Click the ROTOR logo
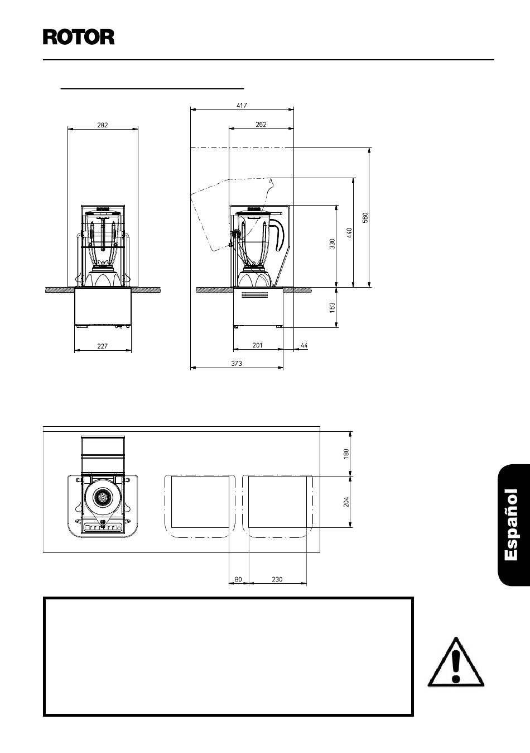[x=79, y=37]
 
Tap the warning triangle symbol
[x=455, y=661]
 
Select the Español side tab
[x=514, y=526]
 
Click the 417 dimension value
[x=242, y=105]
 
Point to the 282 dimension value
[x=103, y=125]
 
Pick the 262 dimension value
[x=261, y=124]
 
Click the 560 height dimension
[x=365, y=217]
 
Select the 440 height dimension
[x=349, y=232]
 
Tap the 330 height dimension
[x=332, y=244]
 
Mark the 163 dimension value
[x=332, y=307]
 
